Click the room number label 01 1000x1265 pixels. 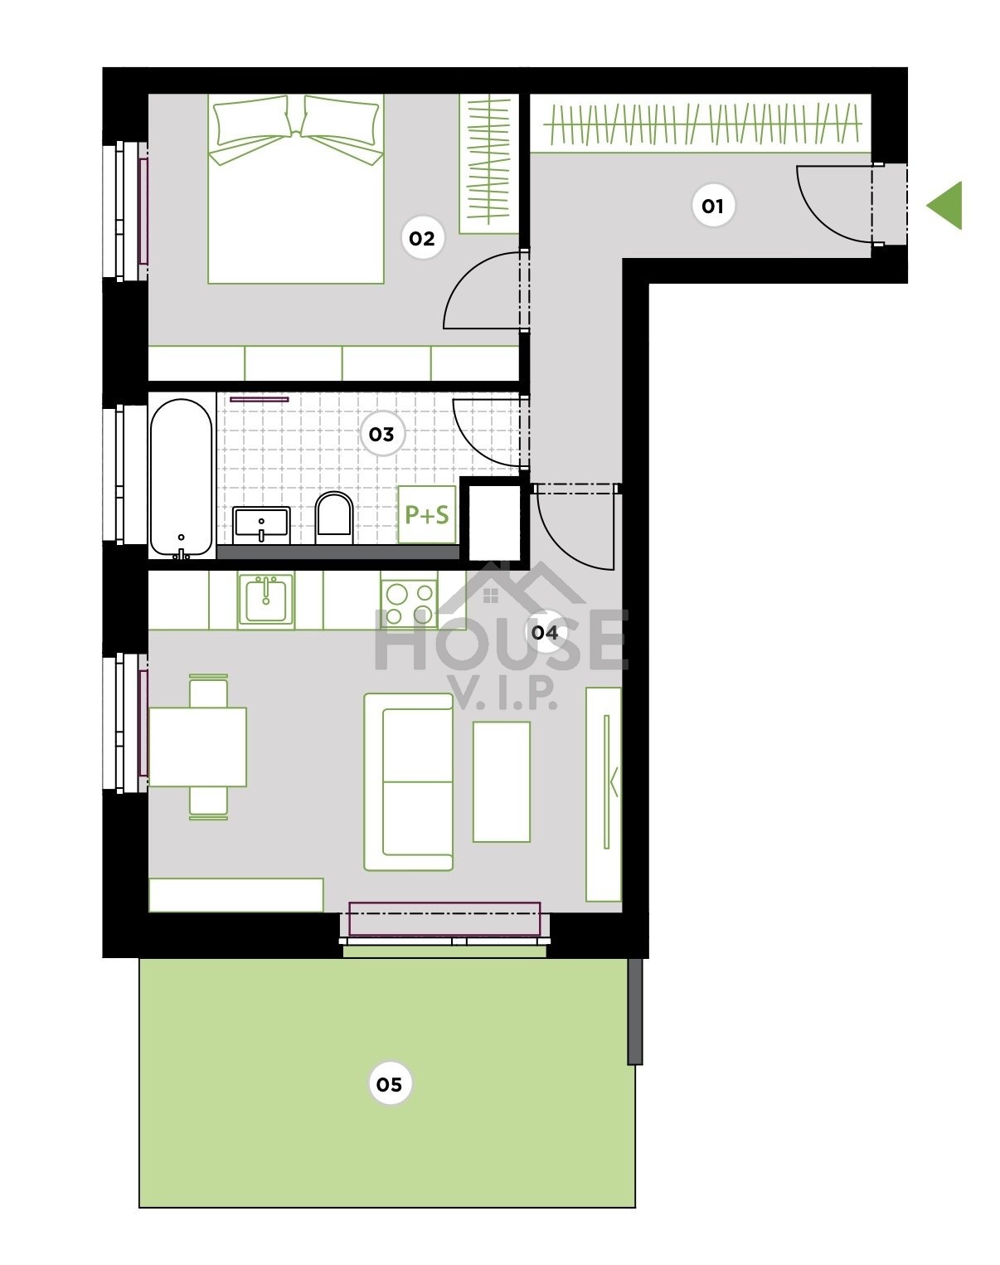coord(713,206)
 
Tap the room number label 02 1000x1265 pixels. coord(422,238)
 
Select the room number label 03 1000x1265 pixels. coord(381,435)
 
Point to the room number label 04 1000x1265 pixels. coord(545,632)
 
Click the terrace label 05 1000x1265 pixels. coord(389,1083)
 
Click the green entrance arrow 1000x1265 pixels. coord(944,205)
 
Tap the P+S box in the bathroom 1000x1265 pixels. coord(426,514)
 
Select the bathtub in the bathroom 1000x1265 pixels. coord(181,477)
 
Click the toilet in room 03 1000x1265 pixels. coord(333,518)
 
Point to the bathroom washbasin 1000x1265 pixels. coord(261,525)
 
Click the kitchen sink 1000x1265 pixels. coord(265,601)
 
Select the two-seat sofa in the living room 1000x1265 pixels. coord(408,781)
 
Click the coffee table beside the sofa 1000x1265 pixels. coord(501,781)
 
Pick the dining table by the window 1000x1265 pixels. coord(197,747)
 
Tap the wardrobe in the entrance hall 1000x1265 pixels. coord(701,124)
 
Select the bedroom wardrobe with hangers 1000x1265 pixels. coord(489,163)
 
